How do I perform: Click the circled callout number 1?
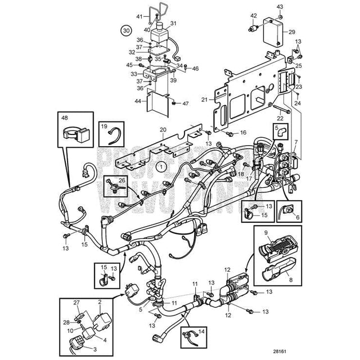[161, 166]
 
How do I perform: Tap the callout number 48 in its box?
[65, 119]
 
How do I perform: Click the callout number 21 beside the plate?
[205, 100]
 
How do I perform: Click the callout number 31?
[173, 23]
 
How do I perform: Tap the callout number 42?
[254, 16]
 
